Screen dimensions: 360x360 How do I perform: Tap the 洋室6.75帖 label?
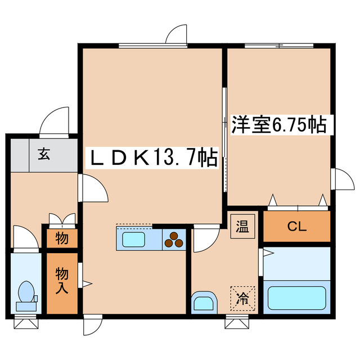tap(279, 124)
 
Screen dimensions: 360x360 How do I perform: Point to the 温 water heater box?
tap(243, 227)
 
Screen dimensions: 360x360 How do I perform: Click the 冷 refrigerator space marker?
tap(242, 296)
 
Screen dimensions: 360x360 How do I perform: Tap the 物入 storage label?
tap(61, 281)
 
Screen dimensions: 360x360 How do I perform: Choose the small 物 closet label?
tap(62, 238)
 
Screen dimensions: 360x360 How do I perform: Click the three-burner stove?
tap(174, 240)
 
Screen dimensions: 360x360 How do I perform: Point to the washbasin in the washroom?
tap(204, 303)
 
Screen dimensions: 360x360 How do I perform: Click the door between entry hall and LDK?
tap(93, 188)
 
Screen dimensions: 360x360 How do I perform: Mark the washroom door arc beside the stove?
tap(206, 240)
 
